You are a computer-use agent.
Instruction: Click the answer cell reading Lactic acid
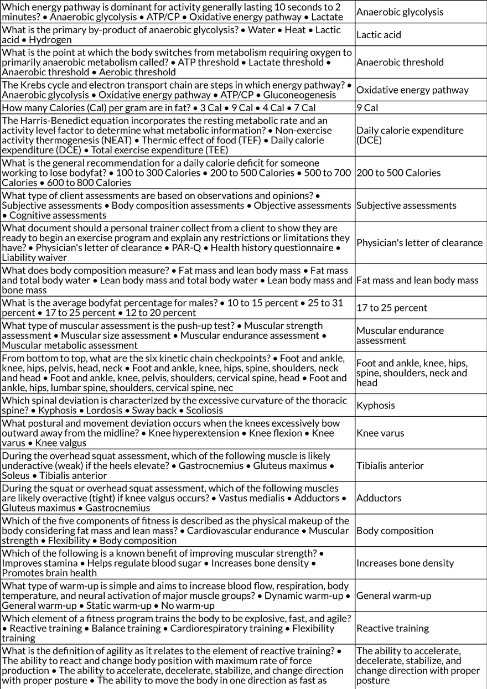[x=379, y=35]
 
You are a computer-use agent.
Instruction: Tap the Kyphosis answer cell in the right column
[x=375, y=405]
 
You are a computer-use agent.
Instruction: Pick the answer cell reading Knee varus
[x=380, y=433]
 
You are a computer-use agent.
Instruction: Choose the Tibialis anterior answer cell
[x=390, y=465]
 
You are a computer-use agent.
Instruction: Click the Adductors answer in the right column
[x=378, y=498]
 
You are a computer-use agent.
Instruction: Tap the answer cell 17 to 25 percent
[x=392, y=308]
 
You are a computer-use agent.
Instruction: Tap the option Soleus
[x=15, y=475]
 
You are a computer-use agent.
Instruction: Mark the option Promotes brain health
[x=41, y=573]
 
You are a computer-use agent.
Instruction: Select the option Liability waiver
[x=34, y=258]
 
